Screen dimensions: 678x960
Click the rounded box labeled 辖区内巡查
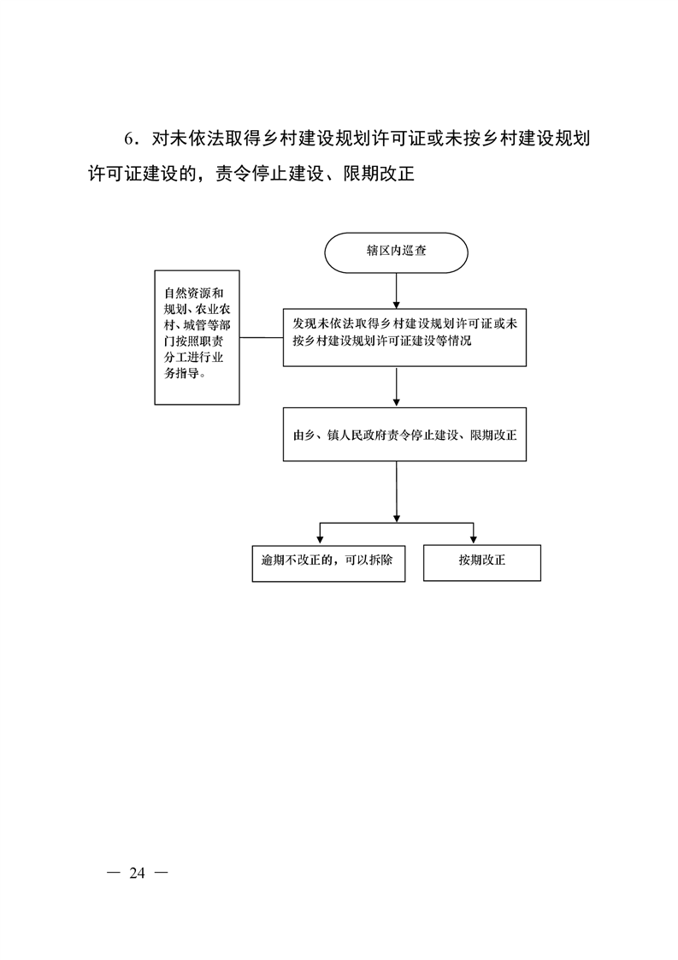point(396,252)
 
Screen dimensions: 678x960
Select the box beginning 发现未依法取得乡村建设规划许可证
point(404,337)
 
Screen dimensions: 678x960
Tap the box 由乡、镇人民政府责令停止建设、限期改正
point(404,434)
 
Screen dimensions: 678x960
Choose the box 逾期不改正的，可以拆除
point(328,563)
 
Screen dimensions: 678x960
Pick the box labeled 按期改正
point(482,563)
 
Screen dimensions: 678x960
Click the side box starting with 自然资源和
point(197,337)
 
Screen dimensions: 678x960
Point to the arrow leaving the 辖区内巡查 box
point(397,291)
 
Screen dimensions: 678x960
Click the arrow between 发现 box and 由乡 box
point(397,387)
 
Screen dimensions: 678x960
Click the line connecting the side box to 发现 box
point(262,337)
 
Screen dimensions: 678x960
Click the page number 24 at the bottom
point(137,873)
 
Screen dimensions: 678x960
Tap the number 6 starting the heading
point(128,139)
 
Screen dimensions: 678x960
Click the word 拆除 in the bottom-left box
point(379,560)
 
